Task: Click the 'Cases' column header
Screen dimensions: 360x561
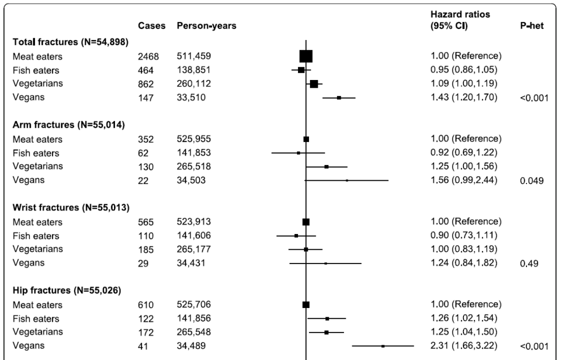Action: click(152, 26)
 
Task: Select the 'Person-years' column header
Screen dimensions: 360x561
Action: click(207, 26)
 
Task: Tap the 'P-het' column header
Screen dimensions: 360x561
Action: click(531, 26)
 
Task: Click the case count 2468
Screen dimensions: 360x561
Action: click(148, 56)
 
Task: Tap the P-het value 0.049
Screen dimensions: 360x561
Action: click(531, 180)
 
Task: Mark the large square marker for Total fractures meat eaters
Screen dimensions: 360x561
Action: click(306, 56)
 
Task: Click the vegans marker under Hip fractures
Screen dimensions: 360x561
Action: click(383, 346)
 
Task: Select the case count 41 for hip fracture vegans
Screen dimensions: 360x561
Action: click(143, 346)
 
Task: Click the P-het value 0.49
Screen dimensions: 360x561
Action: click(529, 264)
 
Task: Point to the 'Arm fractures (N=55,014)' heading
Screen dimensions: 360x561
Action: click(68, 124)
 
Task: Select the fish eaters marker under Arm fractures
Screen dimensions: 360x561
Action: click(299, 153)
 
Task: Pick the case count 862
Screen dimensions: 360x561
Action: click(145, 84)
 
